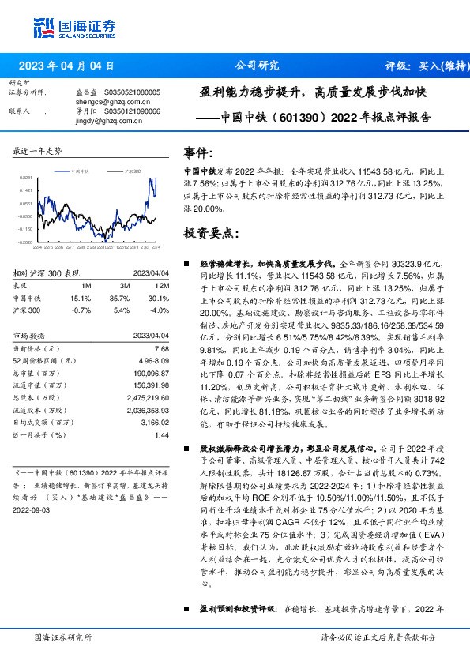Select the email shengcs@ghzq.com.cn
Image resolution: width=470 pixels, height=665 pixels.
tap(113, 102)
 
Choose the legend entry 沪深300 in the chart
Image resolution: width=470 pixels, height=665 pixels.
tap(133, 170)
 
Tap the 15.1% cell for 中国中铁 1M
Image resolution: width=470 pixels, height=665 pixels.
tap(82, 299)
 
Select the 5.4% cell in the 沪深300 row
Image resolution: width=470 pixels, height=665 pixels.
tap(120, 310)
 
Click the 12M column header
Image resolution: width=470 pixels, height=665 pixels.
tap(161, 286)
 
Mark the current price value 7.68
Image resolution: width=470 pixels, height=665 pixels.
tap(162, 348)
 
